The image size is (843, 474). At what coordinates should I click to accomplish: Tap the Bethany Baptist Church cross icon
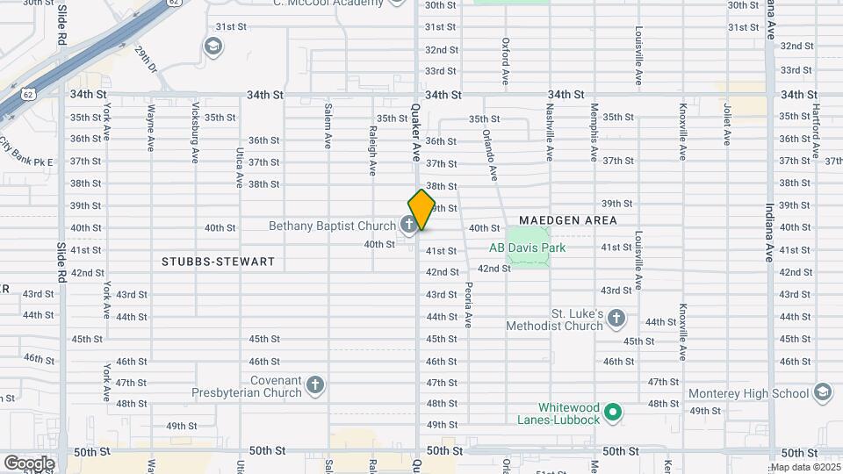pos(408,226)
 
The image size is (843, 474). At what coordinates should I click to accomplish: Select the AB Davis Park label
pos(527,248)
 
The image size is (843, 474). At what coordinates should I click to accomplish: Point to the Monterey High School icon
pos(823,391)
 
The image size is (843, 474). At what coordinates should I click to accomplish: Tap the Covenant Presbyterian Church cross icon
pos(315,384)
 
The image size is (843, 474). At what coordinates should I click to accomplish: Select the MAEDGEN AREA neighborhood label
pos(568,220)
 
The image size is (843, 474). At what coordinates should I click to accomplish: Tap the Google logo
pos(29,463)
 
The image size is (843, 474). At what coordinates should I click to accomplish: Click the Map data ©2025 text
pos(805,467)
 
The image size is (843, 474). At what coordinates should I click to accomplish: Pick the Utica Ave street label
pos(239,168)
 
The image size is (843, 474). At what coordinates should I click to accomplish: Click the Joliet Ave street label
pos(727,125)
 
